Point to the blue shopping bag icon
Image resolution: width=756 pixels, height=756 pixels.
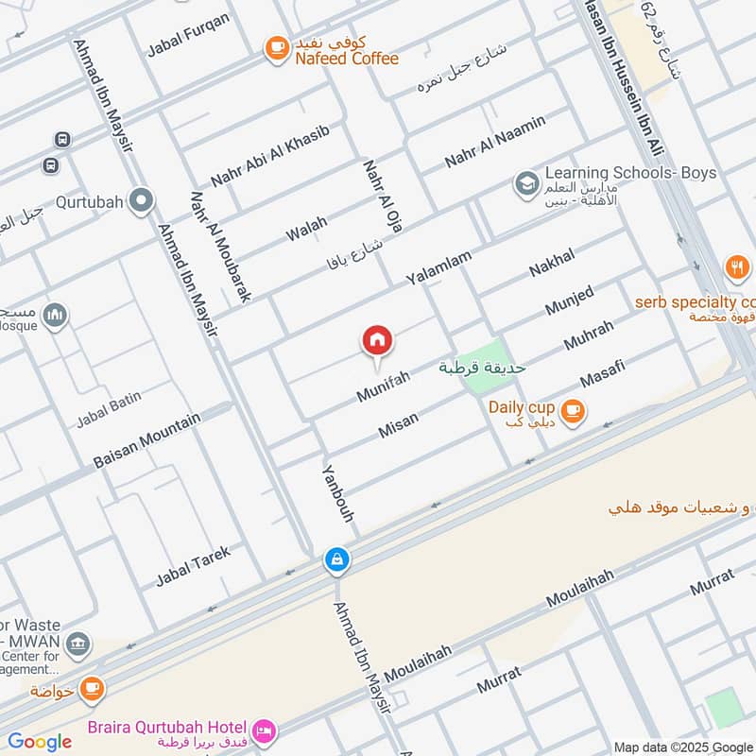coord(336,560)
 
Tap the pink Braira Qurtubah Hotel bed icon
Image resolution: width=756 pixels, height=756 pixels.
coord(264,730)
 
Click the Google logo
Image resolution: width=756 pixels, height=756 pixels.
coord(40,742)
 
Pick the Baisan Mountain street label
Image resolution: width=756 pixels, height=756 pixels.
coord(147,440)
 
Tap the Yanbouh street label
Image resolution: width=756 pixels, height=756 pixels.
coord(337,493)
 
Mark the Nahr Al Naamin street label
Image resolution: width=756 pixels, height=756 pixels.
coord(496,142)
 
